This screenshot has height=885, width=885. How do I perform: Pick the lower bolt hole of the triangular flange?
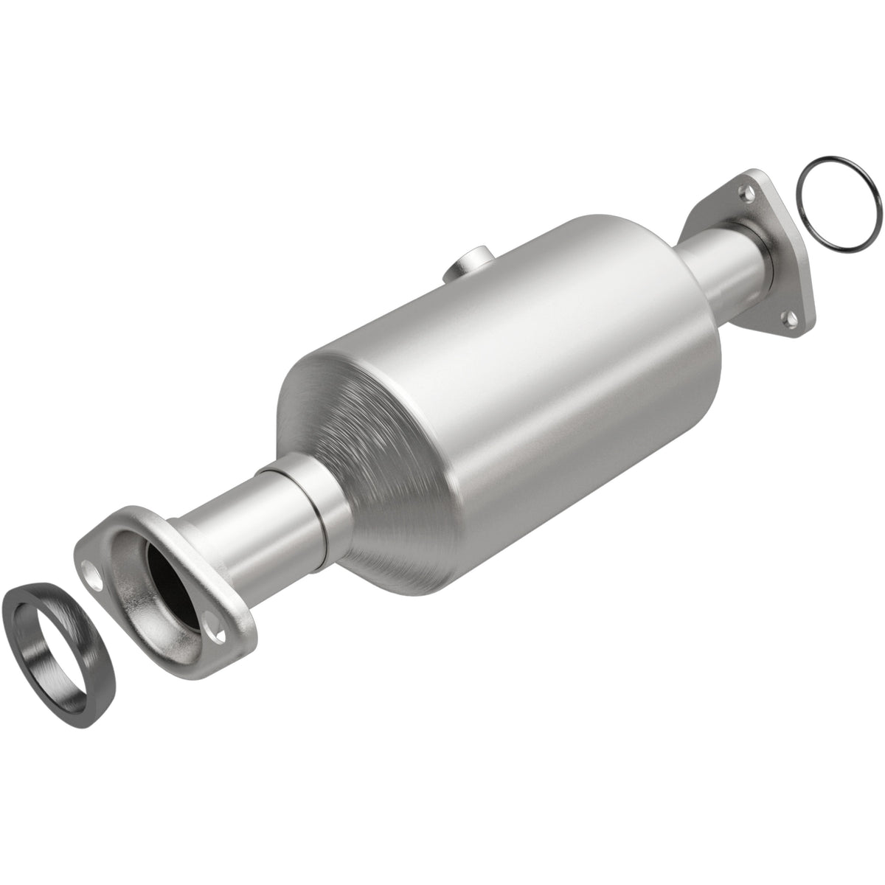click(x=791, y=318)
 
